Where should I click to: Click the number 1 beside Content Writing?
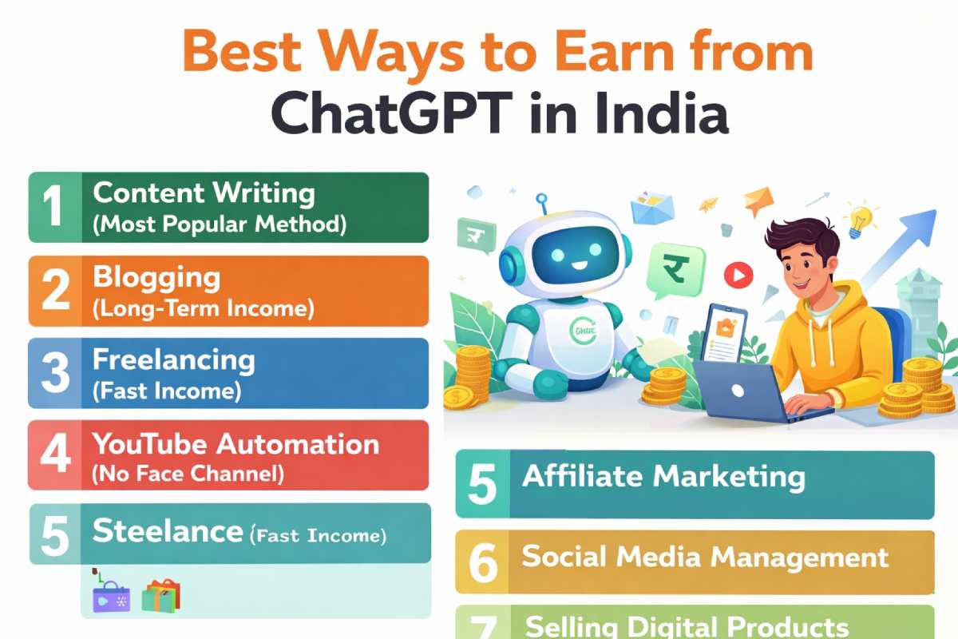pos(53,206)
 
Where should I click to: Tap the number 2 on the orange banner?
pos(54,291)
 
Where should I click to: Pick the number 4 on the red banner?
pos(54,454)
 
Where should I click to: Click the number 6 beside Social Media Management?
pos(483,563)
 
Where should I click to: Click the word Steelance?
pos(167,531)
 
